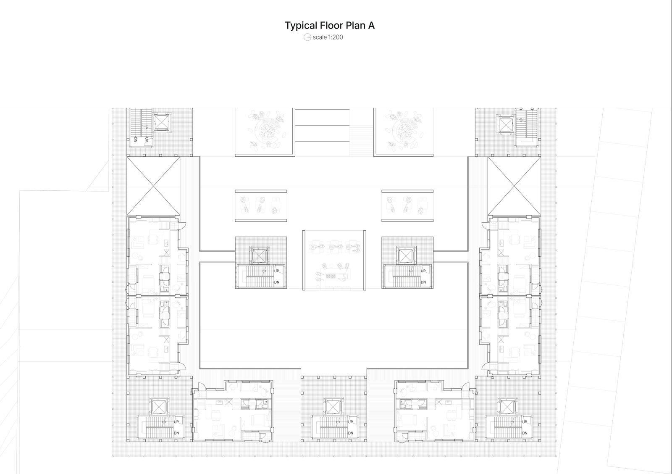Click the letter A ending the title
(x=371, y=26)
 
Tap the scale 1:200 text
(x=328, y=37)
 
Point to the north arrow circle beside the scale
(x=307, y=37)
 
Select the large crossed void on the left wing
(x=153, y=186)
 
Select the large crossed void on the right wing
(x=514, y=186)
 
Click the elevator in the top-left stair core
(x=161, y=122)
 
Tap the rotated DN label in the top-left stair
(x=136, y=139)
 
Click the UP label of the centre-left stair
(x=277, y=271)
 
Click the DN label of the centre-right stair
(x=423, y=282)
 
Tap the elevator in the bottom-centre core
(x=333, y=407)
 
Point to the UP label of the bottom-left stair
(x=176, y=422)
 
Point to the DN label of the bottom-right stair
(x=525, y=433)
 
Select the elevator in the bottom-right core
(x=507, y=407)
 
